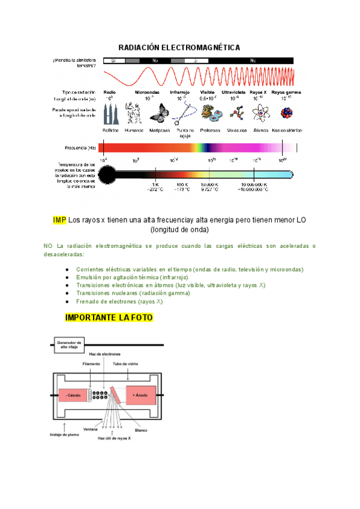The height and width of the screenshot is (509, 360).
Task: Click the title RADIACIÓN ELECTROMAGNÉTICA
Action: [x=179, y=47]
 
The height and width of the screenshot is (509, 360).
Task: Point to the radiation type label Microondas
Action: [x=147, y=92]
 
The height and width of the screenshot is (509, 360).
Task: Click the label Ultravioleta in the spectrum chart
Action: [x=233, y=92]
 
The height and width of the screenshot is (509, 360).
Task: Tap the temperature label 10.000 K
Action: [x=209, y=184]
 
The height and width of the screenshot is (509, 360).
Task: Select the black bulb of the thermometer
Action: [x=107, y=174]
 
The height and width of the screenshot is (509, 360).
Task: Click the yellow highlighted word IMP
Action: [x=59, y=220]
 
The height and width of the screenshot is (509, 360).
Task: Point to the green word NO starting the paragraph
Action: [x=48, y=246]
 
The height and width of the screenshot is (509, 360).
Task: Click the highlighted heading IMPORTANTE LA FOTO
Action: [x=109, y=317]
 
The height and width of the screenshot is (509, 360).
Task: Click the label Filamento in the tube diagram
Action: [x=91, y=364]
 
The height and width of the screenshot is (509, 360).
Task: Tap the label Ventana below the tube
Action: [x=91, y=429]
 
